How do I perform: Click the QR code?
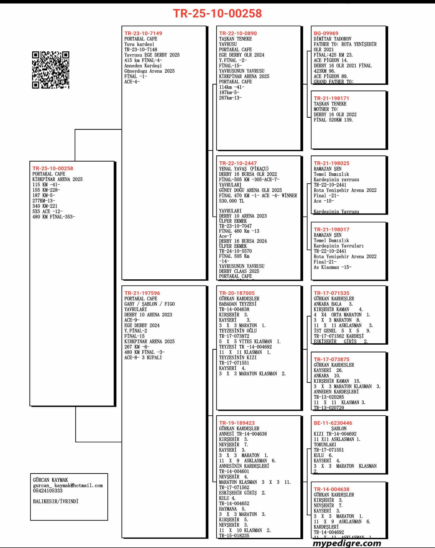click(x=51, y=70)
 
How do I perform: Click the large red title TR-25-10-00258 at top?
click(x=217, y=13)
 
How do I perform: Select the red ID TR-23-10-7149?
click(x=143, y=33)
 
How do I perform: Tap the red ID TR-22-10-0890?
click(x=238, y=33)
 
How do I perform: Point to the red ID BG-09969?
click(x=326, y=33)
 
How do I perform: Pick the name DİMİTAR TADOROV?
click(x=332, y=39)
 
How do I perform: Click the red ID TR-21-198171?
click(x=331, y=98)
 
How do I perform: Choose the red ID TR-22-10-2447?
click(x=238, y=163)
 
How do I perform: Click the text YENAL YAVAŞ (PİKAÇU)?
click(x=244, y=169)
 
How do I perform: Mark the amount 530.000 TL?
click(x=231, y=201)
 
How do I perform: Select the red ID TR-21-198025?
click(x=331, y=163)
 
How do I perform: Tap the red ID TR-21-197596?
click(x=142, y=293)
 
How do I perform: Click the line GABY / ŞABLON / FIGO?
click(x=149, y=304)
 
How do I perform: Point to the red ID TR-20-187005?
click(x=237, y=293)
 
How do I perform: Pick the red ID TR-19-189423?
click(x=237, y=423)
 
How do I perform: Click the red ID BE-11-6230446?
click(x=333, y=423)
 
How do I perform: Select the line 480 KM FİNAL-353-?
click(x=54, y=217)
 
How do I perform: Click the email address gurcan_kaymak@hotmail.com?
click(x=68, y=485)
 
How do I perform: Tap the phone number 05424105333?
click(x=48, y=491)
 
